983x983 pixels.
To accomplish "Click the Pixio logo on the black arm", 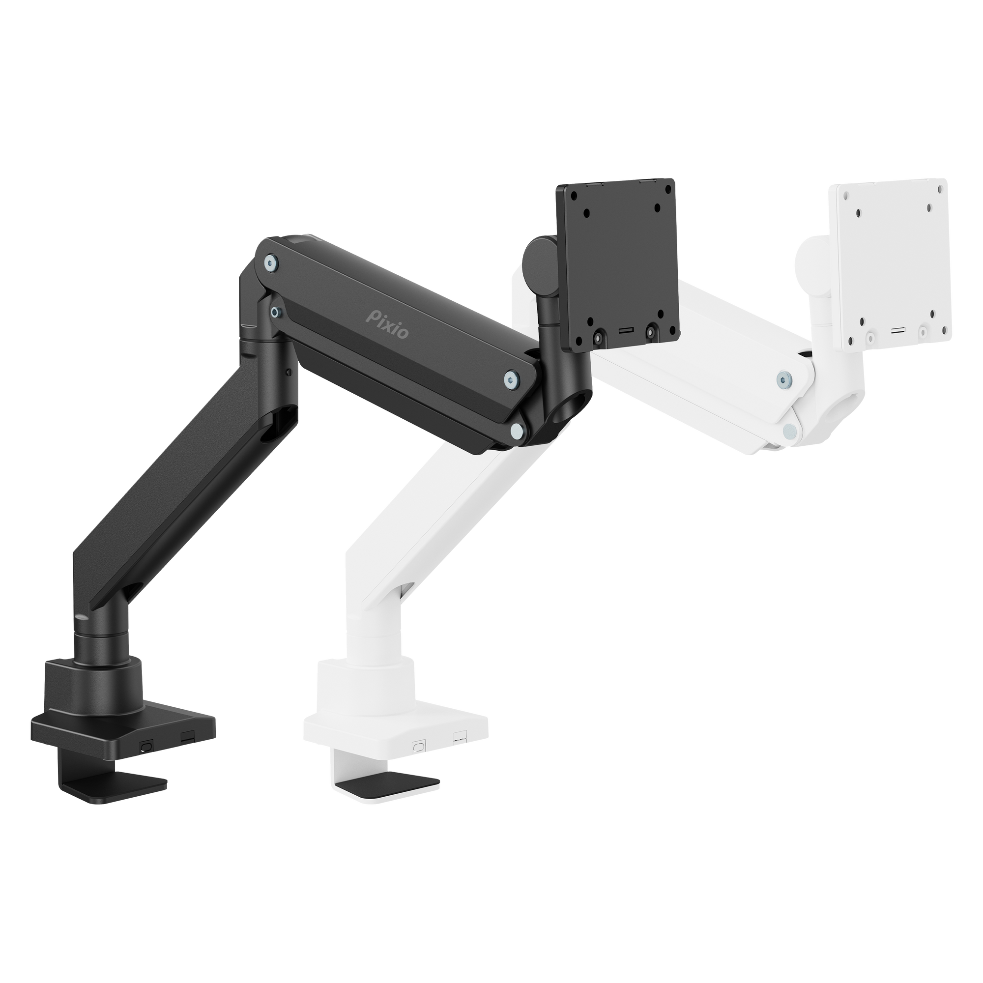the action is point(387,323).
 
